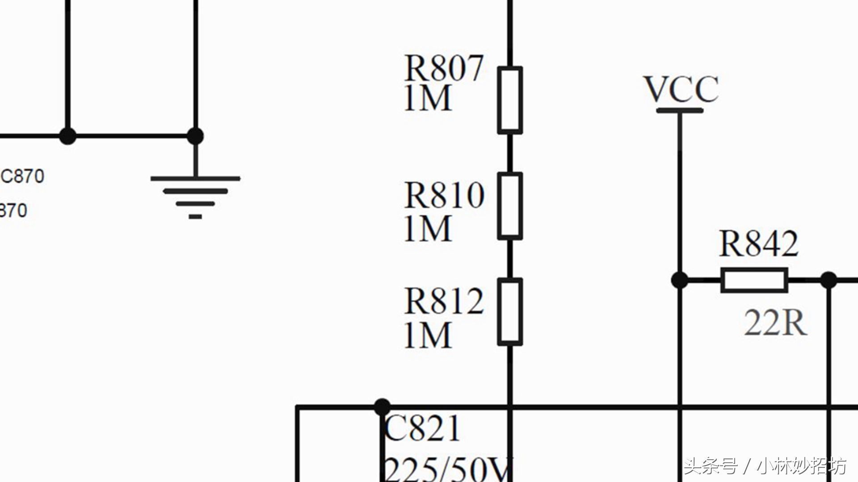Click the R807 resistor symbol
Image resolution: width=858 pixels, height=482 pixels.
click(510, 100)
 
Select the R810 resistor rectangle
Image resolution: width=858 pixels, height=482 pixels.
click(510, 206)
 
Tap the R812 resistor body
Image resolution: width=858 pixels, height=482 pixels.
click(510, 312)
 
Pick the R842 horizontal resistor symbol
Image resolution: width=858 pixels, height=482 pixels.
click(754, 280)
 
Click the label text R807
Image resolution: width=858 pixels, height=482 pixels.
click(443, 68)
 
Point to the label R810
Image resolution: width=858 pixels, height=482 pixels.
click(444, 195)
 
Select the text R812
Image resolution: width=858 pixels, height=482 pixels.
click(444, 301)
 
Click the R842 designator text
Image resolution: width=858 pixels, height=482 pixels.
click(758, 244)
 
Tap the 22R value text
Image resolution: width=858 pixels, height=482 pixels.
click(775, 323)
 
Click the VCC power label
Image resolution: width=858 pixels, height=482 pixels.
click(681, 89)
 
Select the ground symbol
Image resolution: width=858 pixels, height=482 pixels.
click(195, 196)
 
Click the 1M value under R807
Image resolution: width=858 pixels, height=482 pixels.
click(428, 99)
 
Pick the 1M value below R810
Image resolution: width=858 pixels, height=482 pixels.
click(428, 229)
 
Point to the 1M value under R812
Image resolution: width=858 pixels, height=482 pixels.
click(428, 335)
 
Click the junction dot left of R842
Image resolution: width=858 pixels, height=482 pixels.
click(680, 280)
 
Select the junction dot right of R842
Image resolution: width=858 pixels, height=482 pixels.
click(829, 280)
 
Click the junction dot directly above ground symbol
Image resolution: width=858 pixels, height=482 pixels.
click(195, 136)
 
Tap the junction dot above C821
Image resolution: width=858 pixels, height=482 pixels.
click(382, 407)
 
